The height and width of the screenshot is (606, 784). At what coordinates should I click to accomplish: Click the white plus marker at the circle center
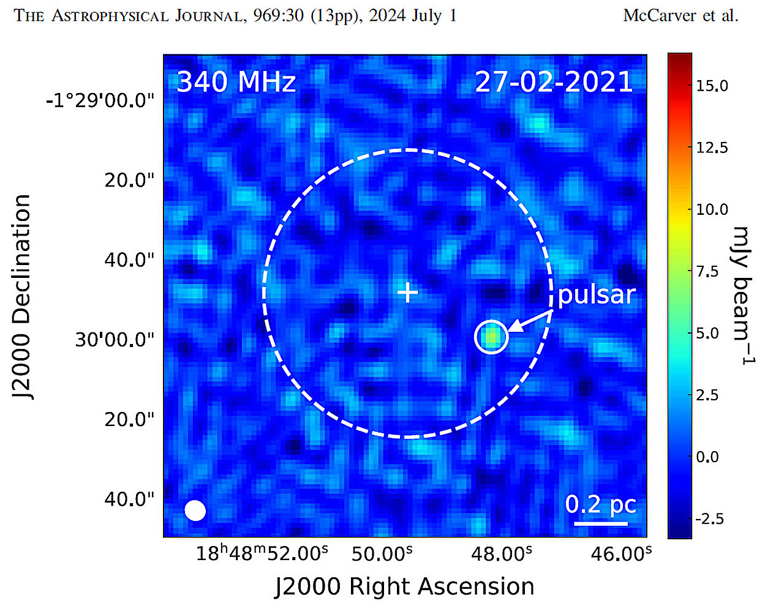407,293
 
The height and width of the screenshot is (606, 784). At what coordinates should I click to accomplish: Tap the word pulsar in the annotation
597,294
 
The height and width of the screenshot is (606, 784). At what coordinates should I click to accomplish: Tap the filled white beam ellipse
195,511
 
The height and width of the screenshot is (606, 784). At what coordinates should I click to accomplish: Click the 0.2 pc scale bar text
600,504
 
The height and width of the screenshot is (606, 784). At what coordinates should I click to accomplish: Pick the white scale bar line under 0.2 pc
600,523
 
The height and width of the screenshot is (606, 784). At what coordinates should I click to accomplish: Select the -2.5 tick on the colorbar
709,518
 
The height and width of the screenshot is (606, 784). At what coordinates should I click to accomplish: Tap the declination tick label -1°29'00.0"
100,100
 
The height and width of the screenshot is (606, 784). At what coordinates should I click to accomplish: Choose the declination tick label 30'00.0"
115,339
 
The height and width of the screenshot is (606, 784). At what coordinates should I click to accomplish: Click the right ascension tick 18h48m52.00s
262,553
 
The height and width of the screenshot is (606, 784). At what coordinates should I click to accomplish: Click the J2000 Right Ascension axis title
404,586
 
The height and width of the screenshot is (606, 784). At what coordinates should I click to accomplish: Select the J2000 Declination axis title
22,297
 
